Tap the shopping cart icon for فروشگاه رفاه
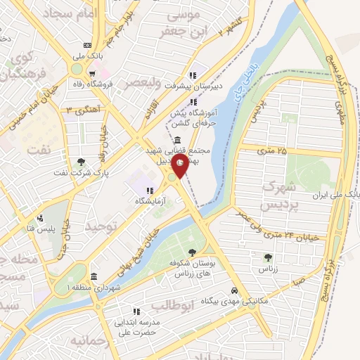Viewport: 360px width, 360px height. (x=91, y=73)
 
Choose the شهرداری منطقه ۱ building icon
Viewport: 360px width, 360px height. (x=94, y=277)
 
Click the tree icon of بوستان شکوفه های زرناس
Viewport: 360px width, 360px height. (x=192, y=251)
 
